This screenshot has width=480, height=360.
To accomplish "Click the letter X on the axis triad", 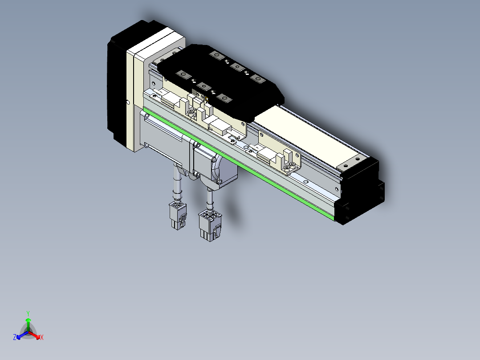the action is click(42, 337).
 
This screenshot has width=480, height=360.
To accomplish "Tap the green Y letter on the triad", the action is click(28, 313).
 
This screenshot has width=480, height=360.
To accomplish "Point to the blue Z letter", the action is click(15, 337).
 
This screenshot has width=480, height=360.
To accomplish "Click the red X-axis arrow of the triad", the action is click(35, 335).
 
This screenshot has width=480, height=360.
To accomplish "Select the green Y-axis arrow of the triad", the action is click(28, 324).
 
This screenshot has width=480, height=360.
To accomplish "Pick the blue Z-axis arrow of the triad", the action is click(22, 335).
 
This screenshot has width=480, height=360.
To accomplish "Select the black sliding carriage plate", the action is click(221, 82).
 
